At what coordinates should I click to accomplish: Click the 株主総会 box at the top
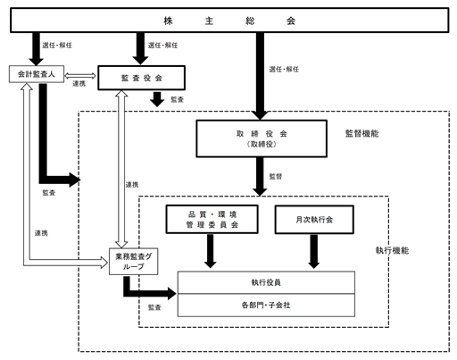[x=229, y=21]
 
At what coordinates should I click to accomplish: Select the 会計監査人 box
[x=37, y=74]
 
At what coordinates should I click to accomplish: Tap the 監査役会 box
[x=142, y=78]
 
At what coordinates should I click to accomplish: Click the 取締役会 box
[x=262, y=138]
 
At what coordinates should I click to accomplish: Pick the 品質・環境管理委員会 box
[x=212, y=219]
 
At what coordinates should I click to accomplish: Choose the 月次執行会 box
[x=314, y=220]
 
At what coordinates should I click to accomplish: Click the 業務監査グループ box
[x=133, y=262]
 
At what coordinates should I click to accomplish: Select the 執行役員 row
[x=266, y=282]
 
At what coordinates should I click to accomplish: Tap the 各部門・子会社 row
[x=266, y=306]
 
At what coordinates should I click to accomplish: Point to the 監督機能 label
[x=361, y=133]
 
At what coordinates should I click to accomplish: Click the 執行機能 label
[x=392, y=250]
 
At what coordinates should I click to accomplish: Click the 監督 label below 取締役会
[x=276, y=176]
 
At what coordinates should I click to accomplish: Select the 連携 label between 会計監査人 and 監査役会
[x=79, y=84]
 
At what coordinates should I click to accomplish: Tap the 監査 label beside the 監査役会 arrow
[x=177, y=99]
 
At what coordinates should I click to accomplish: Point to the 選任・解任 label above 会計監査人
[x=57, y=46]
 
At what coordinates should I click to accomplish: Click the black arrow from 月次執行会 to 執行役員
[x=314, y=251]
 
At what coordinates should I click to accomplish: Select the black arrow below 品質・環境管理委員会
[x=211, y=251]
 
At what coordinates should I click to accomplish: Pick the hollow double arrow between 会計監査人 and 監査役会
[x=80, y=76]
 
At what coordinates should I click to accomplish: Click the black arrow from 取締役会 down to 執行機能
[x=260, y=177]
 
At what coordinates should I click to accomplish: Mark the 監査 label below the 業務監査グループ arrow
[x=154, y=307]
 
